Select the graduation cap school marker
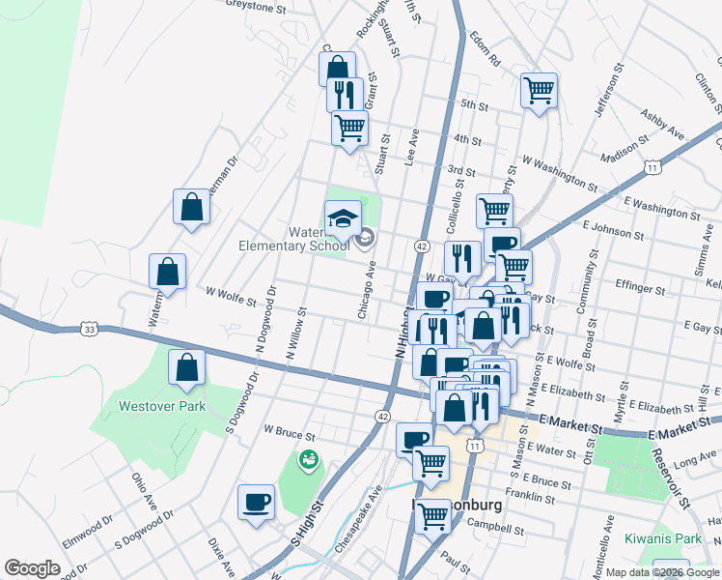342,220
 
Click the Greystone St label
257,5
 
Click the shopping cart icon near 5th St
539,91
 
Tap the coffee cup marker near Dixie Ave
257,503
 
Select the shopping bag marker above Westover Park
186,367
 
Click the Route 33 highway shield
90,329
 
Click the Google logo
32,568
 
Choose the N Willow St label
295,334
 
